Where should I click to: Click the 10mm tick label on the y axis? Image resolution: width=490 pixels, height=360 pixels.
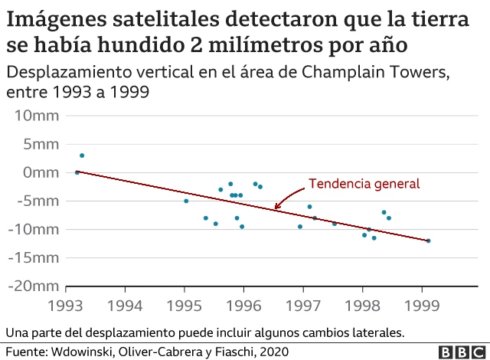[x=34, y=116]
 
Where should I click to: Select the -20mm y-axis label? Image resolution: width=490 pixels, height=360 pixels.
[x=31, y=286]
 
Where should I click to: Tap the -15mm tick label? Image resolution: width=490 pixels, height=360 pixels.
[x=31, y=257]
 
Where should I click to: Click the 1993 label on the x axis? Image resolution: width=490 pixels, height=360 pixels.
[x=67, y=306]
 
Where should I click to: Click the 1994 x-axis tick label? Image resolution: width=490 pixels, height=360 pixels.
[x=126, y=306]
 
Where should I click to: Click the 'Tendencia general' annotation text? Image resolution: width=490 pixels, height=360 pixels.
[x=364, y=184]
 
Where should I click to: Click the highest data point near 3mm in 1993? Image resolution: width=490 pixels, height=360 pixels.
[x=82, y=155]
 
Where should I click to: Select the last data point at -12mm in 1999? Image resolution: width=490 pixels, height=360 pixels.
[x=428, y=241]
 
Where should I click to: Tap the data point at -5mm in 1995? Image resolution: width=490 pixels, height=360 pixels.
[x=186, y=201]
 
